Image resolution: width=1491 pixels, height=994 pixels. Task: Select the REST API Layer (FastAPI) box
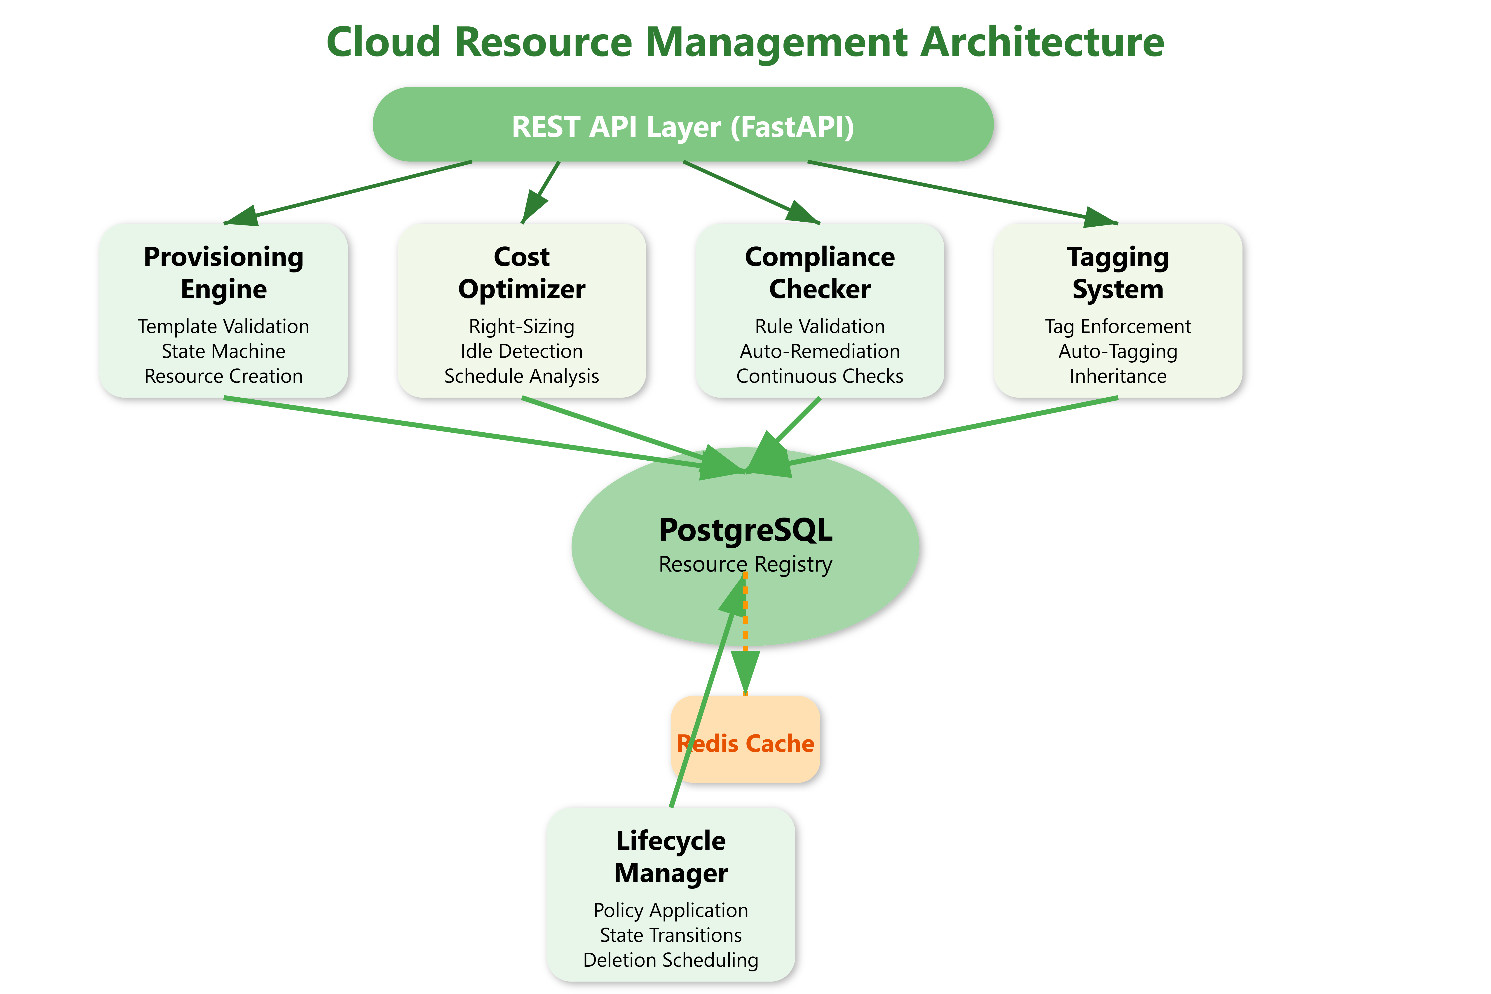[x=683, y=125]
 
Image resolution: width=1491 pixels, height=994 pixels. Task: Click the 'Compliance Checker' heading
[x=820, y=273]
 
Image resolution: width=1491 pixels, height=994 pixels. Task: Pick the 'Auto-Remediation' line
[x=820, y=351]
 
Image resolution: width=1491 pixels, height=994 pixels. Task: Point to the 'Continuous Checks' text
[x=820, y=376]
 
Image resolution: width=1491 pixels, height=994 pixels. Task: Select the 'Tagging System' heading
[x=1118, y=273]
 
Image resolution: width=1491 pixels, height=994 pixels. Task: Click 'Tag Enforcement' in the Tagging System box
[x=1118, y=326]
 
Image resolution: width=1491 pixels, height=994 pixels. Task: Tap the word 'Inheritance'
[x=1118, y=376]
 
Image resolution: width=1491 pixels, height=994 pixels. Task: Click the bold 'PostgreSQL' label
[x=745, y=530]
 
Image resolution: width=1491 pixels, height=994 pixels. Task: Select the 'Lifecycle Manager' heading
[x=671, y=856]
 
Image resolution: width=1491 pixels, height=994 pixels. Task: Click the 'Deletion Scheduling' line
[x=671, y=960]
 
